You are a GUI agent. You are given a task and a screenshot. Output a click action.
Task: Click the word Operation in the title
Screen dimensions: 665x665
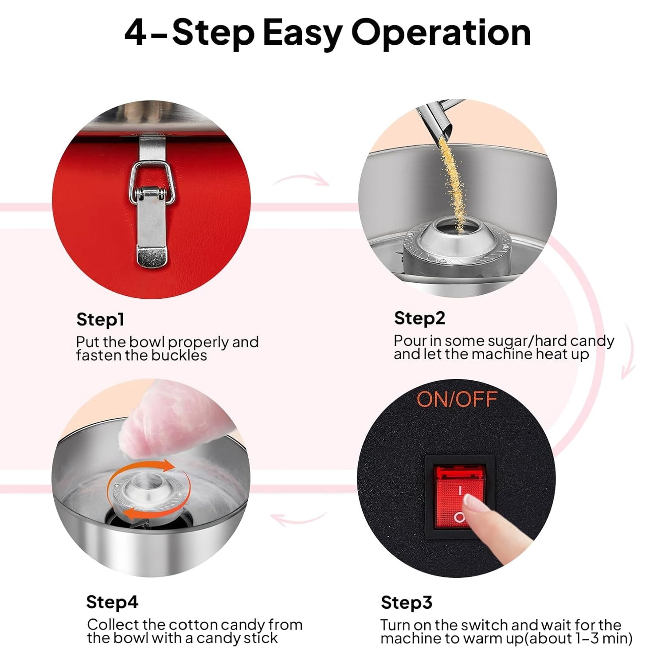click(x=441, y=33)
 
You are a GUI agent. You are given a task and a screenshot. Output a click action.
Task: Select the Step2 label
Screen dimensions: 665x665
click(x=419, y=319)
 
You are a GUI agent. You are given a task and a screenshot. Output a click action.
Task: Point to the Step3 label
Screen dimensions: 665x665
click(x=406, y=603)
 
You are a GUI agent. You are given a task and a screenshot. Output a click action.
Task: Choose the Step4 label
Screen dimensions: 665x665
click(x=112, y=602)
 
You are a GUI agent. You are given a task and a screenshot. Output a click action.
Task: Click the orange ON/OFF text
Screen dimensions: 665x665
click(x=457, y=399)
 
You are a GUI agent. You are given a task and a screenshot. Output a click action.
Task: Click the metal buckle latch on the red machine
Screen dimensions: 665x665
click(x=152, y=202)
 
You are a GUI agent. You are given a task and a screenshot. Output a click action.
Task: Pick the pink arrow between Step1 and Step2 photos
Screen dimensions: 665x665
click(x=301, y=179)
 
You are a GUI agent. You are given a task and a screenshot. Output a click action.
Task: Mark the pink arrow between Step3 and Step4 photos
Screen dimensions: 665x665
click(x=298, y=518)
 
